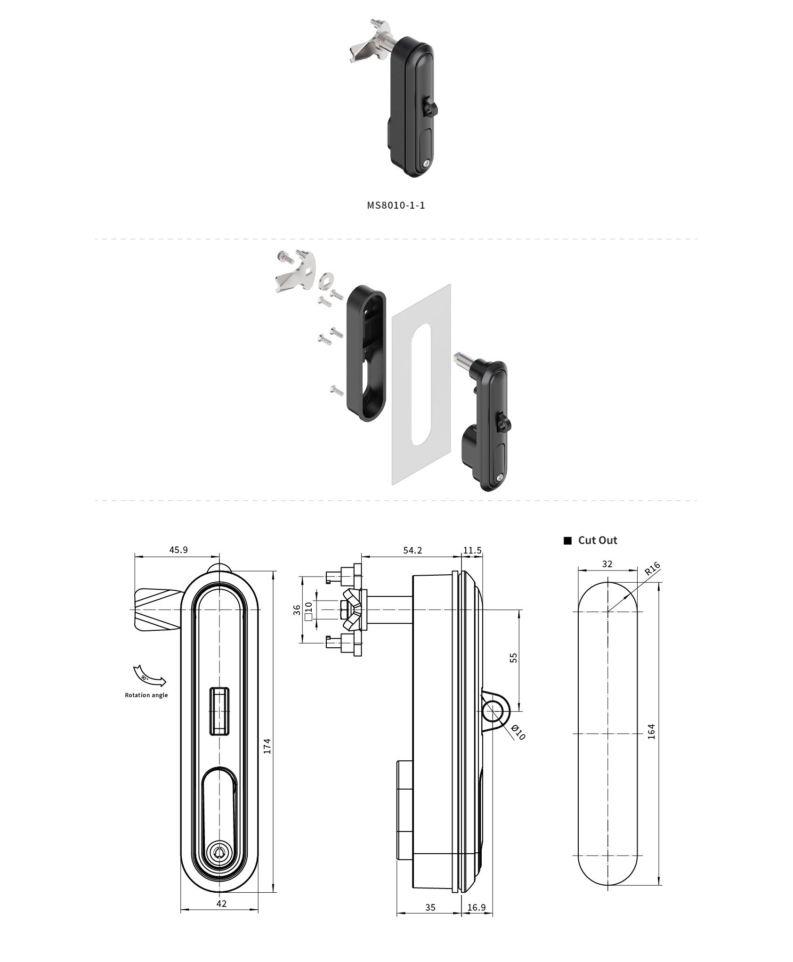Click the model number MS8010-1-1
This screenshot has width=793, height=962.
(x=396, y=205)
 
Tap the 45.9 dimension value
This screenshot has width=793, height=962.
(x=178, y=550)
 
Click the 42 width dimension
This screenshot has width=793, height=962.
(x=221, y=904)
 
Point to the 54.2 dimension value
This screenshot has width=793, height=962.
(x=413, y=550)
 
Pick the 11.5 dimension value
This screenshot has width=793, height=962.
(x=472, y=550)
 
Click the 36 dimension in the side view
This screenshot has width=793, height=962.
(x=297, y=610)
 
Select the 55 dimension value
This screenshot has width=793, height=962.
(x=514, y=658)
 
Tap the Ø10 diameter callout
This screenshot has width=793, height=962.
(x=518, y=733)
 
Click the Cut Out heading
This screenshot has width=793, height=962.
(x=597, y=540)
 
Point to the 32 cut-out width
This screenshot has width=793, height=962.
(x=607, y=564)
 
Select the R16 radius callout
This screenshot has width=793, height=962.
(x=652, y=569)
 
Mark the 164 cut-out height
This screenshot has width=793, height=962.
(x=651, y=731)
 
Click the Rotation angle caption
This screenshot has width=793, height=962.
(x=146, y=695)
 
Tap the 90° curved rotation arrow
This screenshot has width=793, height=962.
(x=149, y=677)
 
